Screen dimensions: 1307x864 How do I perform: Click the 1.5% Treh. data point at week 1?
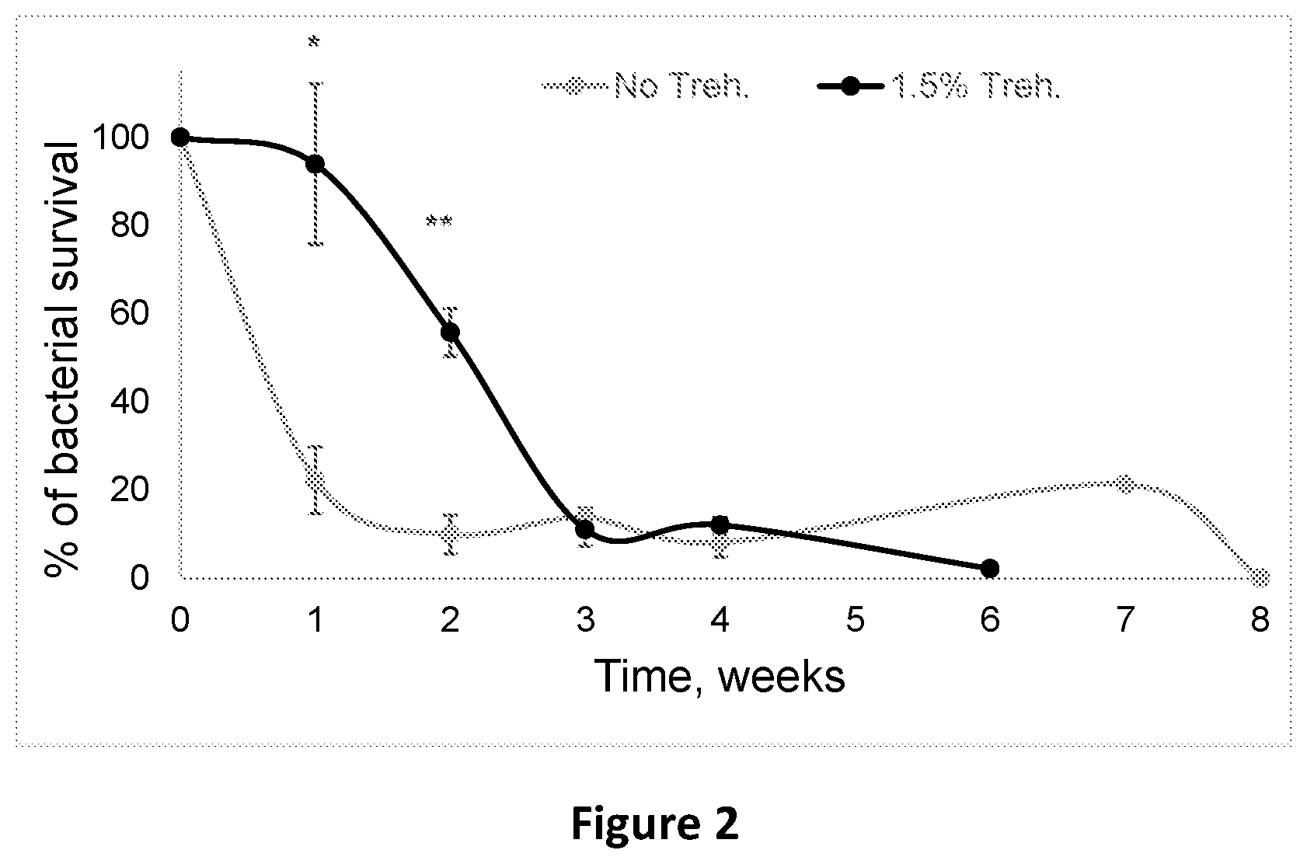[315, 164]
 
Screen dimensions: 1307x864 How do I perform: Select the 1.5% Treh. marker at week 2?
[450, 333]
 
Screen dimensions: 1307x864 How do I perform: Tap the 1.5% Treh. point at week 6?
[990, 568]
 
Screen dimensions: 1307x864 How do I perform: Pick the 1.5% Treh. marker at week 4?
[720, 524]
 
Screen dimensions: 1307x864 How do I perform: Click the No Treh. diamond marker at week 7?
[1125, 484]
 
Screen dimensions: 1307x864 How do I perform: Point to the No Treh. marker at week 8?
[1260, 577]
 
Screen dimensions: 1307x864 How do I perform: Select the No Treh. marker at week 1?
[315, 480]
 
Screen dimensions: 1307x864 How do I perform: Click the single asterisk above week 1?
[314, 42]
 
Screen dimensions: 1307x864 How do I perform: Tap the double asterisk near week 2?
[439, 221]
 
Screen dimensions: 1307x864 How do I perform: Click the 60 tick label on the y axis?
[130, 314]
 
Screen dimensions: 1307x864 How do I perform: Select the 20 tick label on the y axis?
[130, 490]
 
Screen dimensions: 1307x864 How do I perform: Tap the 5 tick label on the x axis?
[855, 619]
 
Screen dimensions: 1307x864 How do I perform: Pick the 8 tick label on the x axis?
[1260, 619]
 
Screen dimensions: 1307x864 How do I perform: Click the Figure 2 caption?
[655, 823]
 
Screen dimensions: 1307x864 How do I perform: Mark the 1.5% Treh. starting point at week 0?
[180, 138]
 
